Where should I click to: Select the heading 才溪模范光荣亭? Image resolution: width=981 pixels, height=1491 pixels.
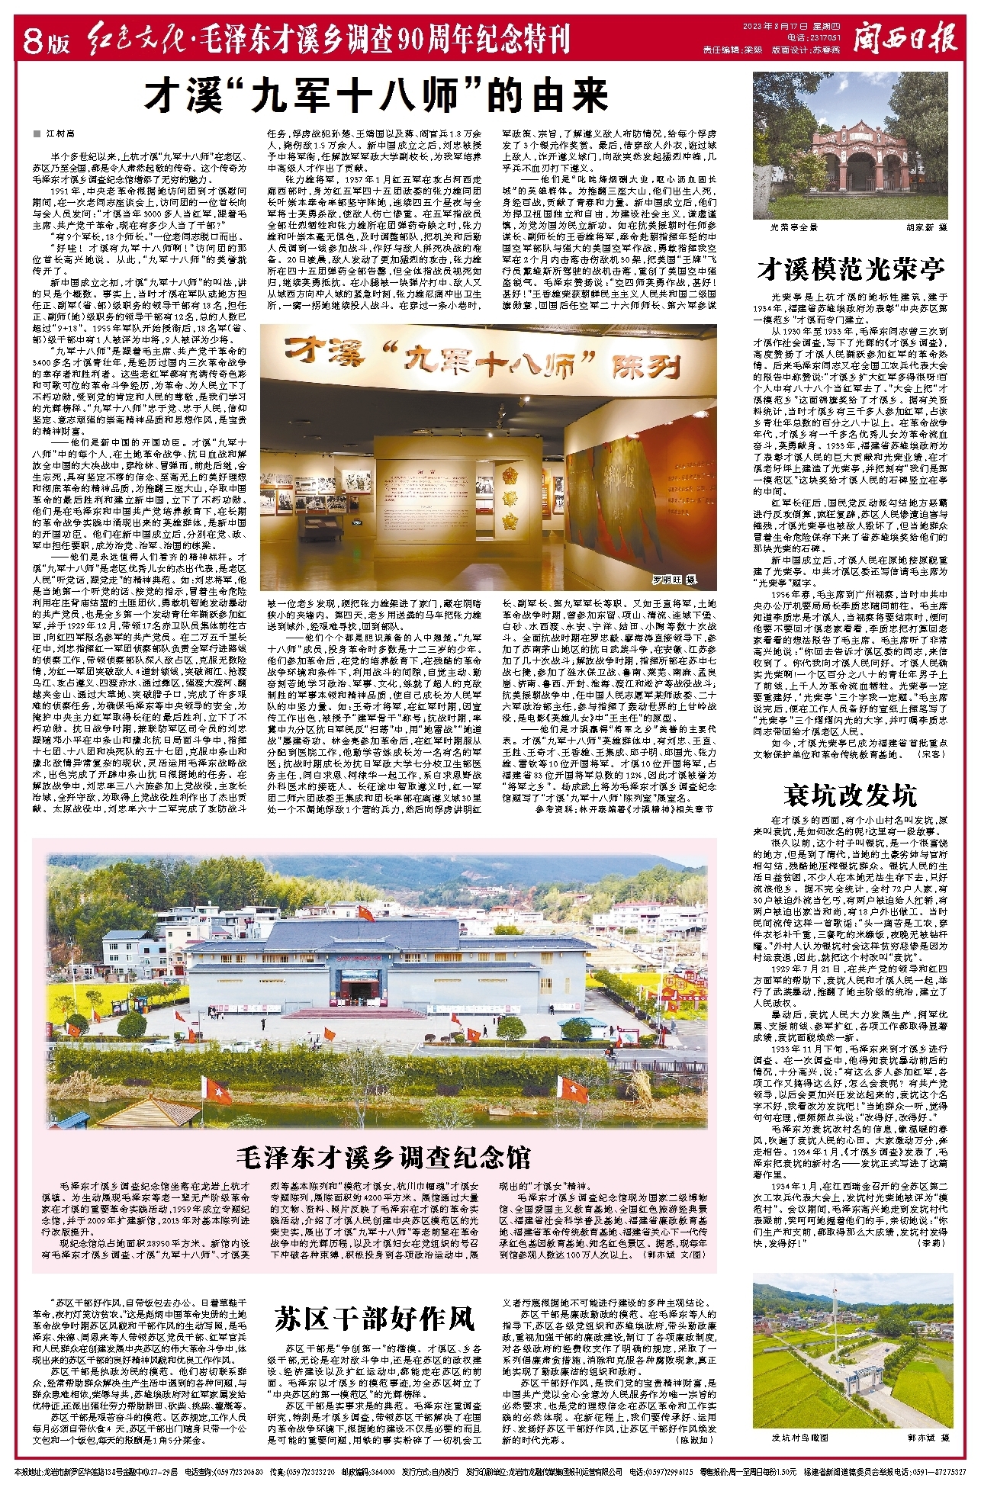[x=851, y=268]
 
